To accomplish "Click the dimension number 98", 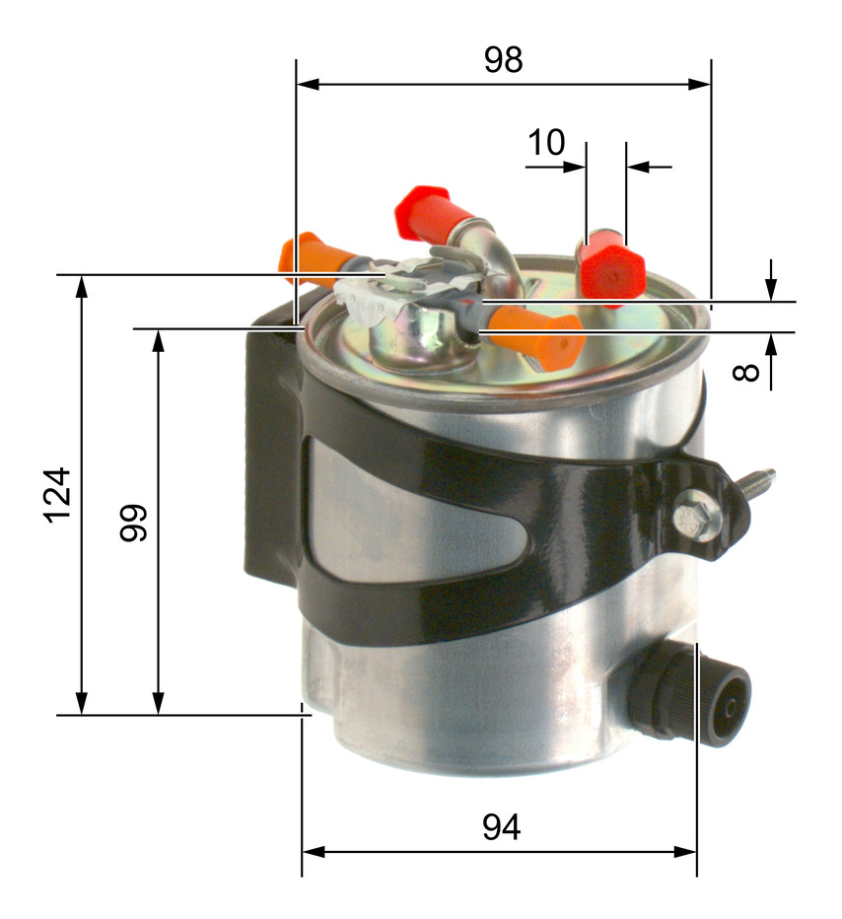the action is point(503,60).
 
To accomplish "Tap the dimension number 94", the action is point(502,827).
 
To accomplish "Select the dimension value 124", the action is point(57,495).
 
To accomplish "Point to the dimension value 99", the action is point(133,523).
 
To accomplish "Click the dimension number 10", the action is point(546,142).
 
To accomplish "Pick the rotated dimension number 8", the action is point(746,372).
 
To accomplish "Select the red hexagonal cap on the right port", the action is point(612,270).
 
